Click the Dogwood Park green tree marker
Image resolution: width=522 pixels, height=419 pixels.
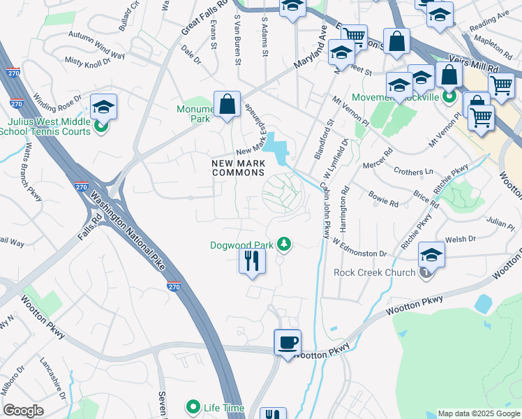283,244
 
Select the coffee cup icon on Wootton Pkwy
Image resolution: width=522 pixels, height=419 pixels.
288,343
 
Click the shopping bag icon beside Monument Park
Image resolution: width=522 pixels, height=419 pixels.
227,105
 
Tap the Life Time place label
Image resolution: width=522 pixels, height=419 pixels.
223,407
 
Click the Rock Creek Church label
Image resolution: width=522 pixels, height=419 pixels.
374,272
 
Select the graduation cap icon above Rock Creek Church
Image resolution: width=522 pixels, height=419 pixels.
431,255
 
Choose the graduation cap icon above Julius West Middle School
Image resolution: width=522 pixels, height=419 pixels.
103,107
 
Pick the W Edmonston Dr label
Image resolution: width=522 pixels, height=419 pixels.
359,248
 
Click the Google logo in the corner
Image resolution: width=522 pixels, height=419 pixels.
24,411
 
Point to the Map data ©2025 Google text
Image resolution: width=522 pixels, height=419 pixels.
478,413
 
